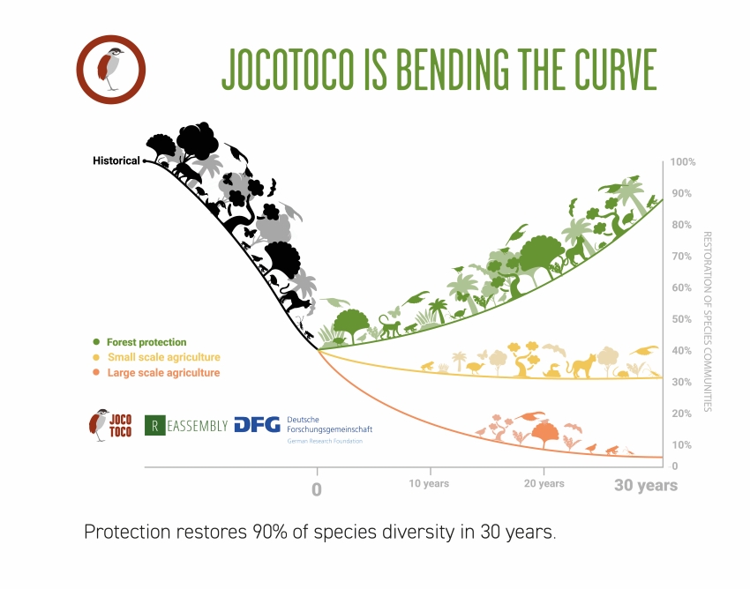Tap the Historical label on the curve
[116, 160]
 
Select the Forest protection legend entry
[146, 342]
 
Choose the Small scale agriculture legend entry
[163, 357]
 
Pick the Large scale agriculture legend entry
[163, 373]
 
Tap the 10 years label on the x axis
[429, 483]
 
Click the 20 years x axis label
[544, 483]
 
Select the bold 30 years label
[646, 485]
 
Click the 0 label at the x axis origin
[317, 488]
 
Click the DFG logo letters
[257, 425]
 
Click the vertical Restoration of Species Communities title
[707, 322]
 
